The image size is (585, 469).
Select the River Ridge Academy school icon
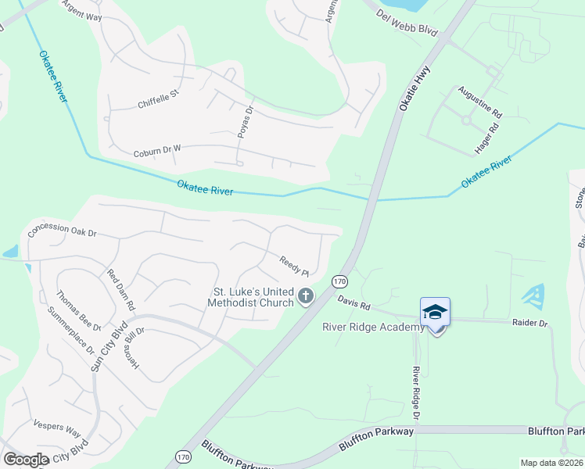(x=435, y=313)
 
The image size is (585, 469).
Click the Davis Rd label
(x=353, y=303)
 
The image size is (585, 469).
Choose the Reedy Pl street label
(x=295, y=267)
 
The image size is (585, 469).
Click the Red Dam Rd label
(x=121, y=290)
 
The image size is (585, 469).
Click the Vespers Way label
(x=57, y=431)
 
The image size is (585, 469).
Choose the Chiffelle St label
(x=159, y=98)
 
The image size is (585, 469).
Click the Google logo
(x=26, y=460)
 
